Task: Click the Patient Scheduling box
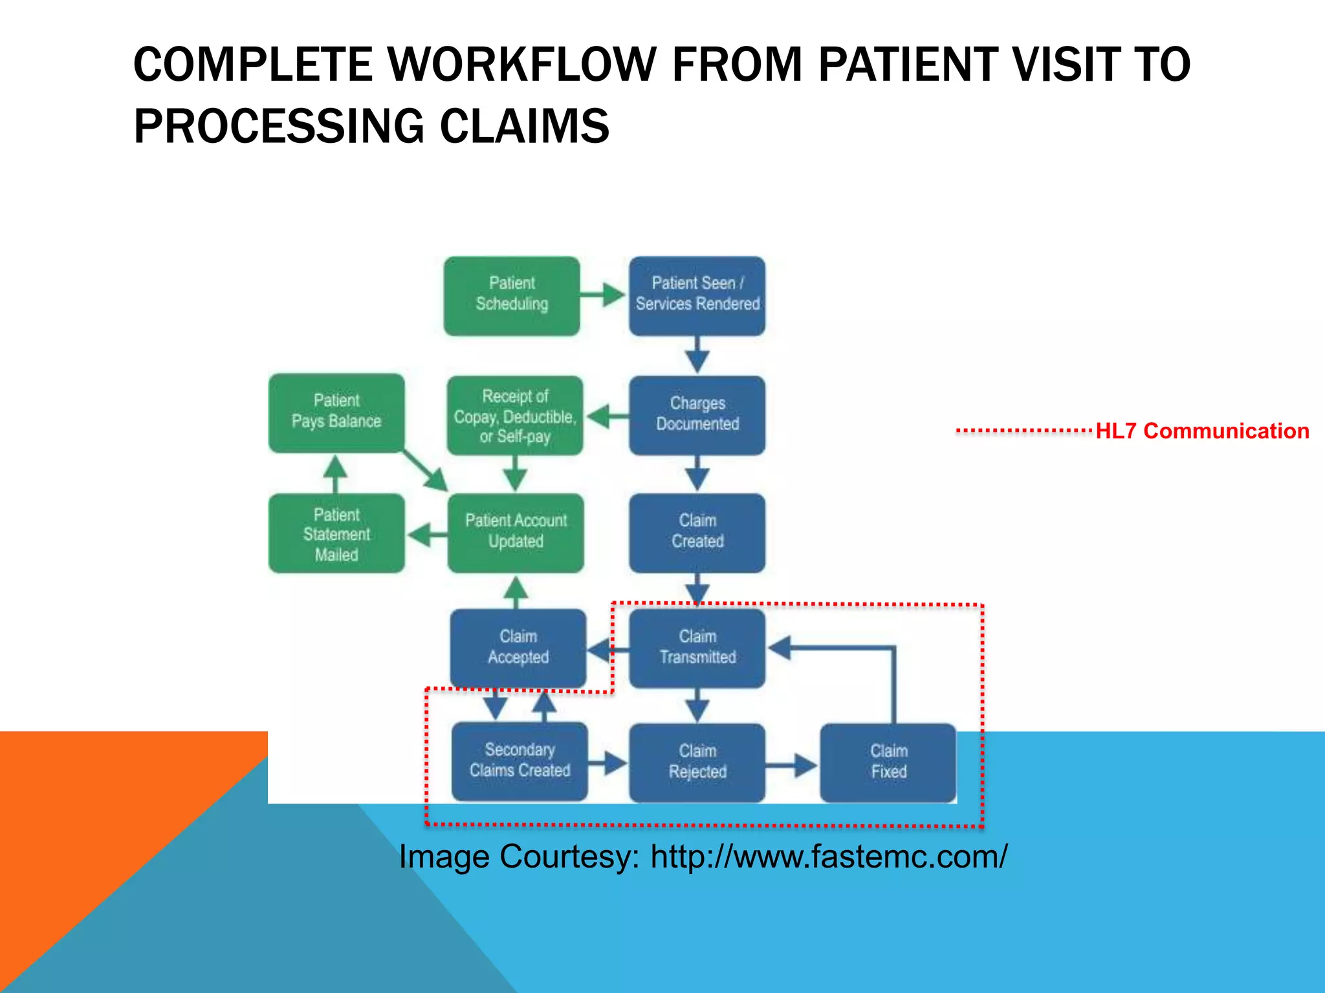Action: tap(511, 295)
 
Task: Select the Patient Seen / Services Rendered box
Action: tap(697, 295)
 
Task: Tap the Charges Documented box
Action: tap(697, 414)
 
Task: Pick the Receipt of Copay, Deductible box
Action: tap(514, 415)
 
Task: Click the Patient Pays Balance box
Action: tap(336, 412)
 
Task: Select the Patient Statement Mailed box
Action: tap(336, 533)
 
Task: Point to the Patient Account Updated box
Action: tap(516, 532)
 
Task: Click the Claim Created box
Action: tap(697, 532)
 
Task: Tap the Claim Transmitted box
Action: tap(697, 647)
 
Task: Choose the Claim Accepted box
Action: tap(518, 647)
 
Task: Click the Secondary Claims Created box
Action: tap(520, 761)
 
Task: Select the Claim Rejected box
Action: tap(697, 762)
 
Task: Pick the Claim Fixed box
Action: tap(888, 762)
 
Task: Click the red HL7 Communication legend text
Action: tap(1201, 431)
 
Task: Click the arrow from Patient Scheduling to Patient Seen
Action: tap(603, 295)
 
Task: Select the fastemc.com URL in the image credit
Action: tap(829, 857)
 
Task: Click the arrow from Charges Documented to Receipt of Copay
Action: tap(606, 416)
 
